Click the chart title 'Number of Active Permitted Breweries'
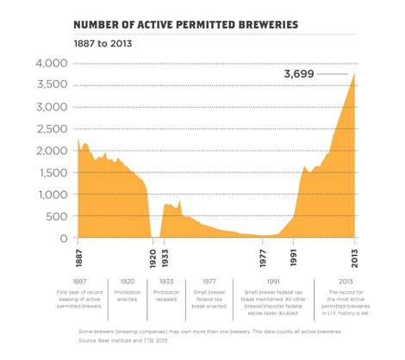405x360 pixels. point(186,24)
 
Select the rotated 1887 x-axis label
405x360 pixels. point(78,257)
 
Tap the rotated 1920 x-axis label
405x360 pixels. point(153,257)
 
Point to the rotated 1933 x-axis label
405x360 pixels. point(164,257)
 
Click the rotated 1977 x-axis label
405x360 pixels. point(264,257)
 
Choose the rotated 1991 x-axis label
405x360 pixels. point(294,257)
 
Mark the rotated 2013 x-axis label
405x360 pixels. point(356,257)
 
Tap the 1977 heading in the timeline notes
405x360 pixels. point(209,281)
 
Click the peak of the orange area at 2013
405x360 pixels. point(355,73)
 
